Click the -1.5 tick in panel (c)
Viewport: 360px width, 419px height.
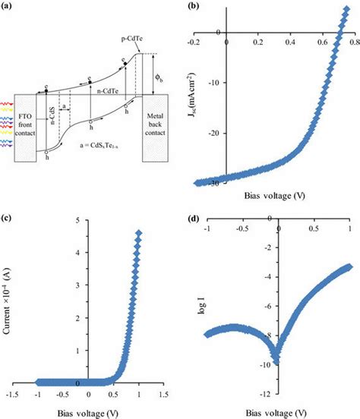point(12,395)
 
